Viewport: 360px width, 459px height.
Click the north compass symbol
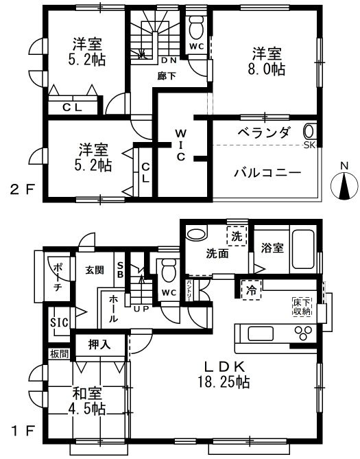344,185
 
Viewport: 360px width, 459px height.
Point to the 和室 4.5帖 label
88,401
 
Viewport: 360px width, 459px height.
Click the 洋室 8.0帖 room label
267,61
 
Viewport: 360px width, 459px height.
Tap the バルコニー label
267,173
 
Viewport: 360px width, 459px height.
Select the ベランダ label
264,132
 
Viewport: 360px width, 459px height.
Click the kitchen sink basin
261,333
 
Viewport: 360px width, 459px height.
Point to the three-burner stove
304,333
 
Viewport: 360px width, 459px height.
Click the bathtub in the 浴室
304,249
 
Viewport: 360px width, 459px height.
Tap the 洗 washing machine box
237,236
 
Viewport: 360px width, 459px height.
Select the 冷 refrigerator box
251,290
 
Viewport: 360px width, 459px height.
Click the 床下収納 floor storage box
302,307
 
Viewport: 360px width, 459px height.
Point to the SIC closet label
59,322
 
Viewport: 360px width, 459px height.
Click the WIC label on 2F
181,145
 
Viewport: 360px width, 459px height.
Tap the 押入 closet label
99,344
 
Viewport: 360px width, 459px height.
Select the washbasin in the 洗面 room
197,233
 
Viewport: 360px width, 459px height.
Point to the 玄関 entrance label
95,270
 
